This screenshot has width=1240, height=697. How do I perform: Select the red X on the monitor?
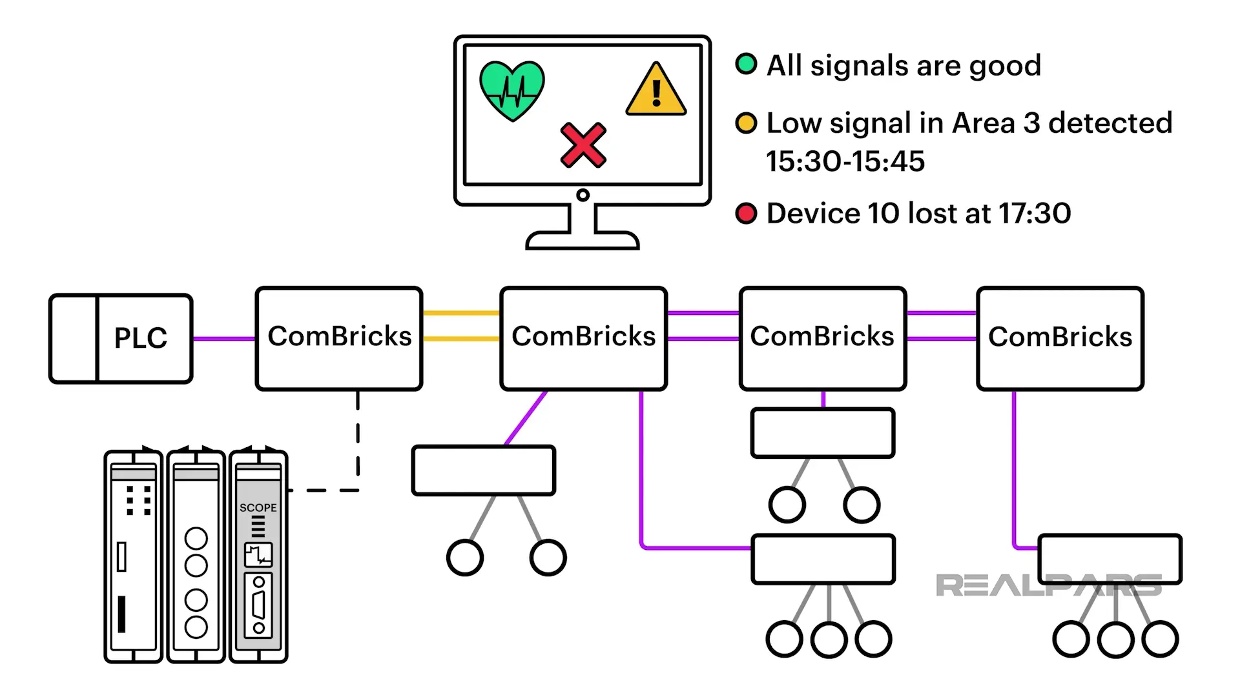(x=583, y=145)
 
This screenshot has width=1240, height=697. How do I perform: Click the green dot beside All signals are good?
(x=746, y=64)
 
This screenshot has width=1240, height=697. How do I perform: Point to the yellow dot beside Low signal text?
(x=746, y=123)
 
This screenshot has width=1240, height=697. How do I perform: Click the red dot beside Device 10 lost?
(x=746, y=213)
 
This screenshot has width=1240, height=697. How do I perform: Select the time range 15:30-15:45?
(x=845, y=161)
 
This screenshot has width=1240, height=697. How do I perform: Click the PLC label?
(x=141, y=338)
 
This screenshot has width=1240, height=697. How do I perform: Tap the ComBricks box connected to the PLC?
(x=339, y=338)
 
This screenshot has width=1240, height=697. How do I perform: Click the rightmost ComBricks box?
(x=1060, y=338)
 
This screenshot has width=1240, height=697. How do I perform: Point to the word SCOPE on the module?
(x=258, y=508)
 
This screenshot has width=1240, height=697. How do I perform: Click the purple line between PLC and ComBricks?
(x=224, y=338)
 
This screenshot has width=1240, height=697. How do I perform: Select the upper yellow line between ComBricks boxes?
(x=461, y=313)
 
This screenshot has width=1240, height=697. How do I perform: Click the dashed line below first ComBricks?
(x=358, y=439)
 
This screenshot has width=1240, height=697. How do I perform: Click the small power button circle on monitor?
(x=583, y=195)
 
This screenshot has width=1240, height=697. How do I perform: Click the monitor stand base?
(x=583, y=241)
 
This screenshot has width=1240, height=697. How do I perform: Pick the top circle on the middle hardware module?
(x=196, y=538)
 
